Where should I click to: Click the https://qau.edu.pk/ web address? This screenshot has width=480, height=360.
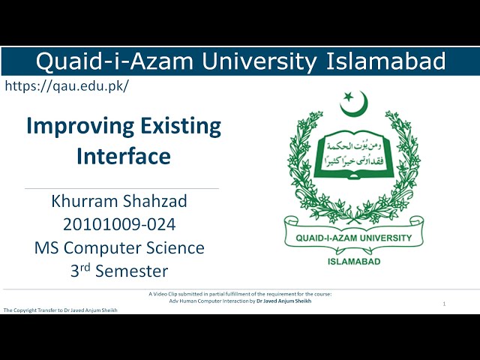coord(67,85)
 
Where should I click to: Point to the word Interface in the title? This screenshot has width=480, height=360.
coord(123,156)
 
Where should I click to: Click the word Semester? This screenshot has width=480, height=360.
coord(134,271)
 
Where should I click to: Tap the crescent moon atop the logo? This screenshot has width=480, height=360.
coord(354,104)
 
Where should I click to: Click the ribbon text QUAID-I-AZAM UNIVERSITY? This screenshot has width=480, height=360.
coord(349,238)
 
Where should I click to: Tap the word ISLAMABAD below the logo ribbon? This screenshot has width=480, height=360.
coord(354,262)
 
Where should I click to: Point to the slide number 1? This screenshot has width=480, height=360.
coord(445,304)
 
